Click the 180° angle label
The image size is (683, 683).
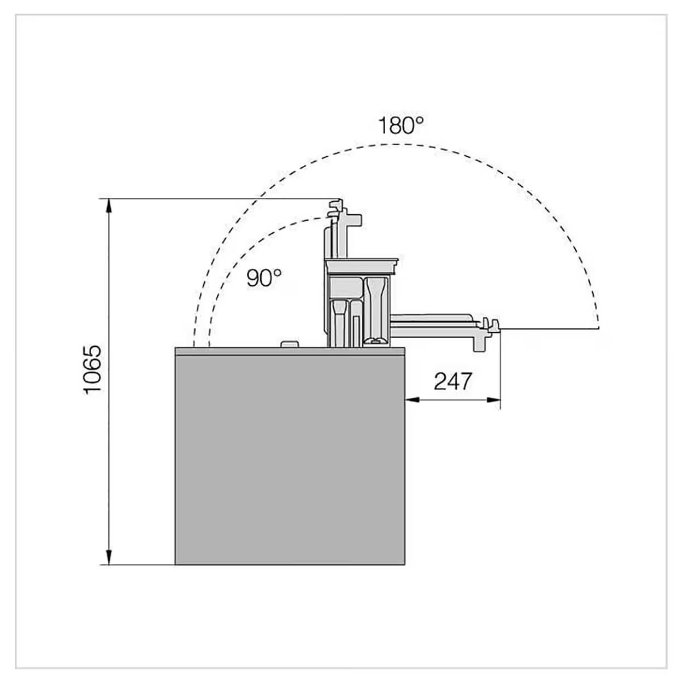(x=401, y=125)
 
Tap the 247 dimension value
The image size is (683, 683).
(x=452, y=381)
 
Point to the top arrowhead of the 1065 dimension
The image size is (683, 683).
(x=109, y=206)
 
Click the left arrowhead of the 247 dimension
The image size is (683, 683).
(x=412, y=400)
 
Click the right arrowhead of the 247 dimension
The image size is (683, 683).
(x=493, y=400)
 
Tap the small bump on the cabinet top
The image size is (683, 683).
(x=290, y=344)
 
